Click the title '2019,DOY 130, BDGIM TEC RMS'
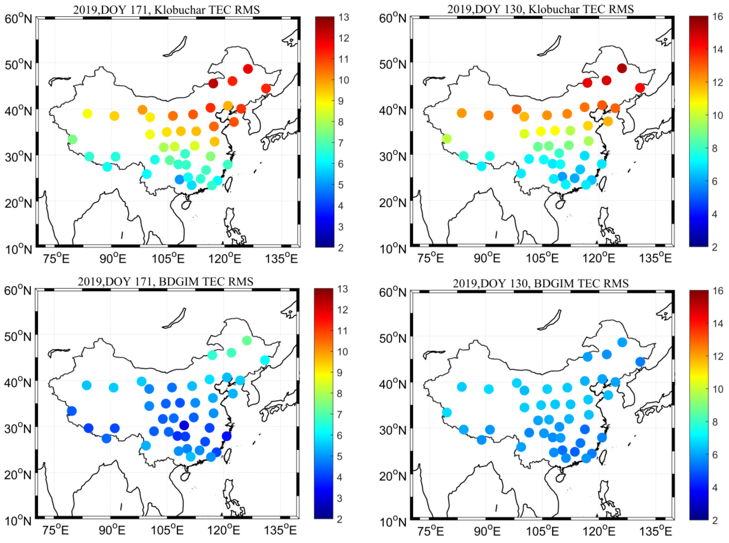click(x=540, y=283)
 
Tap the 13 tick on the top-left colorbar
click(x=343, y=17)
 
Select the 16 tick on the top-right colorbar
click(x=718, y=16)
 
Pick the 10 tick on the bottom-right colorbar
click(x=718, y=389)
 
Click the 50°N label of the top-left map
click(x=18, y=65)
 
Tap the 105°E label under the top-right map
click(x=542, y=258)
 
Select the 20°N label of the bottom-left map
click(x=18, y=475)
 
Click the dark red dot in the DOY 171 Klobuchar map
click(x=213, y=83)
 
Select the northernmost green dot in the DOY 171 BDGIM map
click(x=247, y=341)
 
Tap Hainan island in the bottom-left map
click(x=186, y=477)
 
